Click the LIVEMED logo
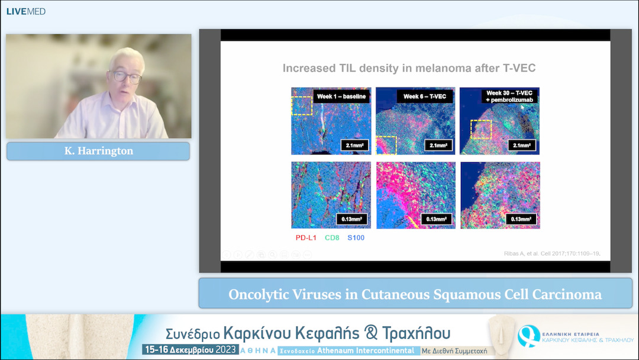pyautogui.click(x=26, y=11)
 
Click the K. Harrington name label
pyautogui.click(x=98, y=151)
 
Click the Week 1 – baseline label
pyautogui.click(x=341, y=96)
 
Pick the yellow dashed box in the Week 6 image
pyautogui.click(x=386, y=145)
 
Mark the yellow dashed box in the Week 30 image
pyautogui.click(x=480, y=129)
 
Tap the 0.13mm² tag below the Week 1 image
pyautogui.click(x=353, y=219)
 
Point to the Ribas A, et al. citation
pyautogui.click(x=548, y=253)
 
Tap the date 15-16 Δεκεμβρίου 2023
pyautogui.click(x=190, y=350)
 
